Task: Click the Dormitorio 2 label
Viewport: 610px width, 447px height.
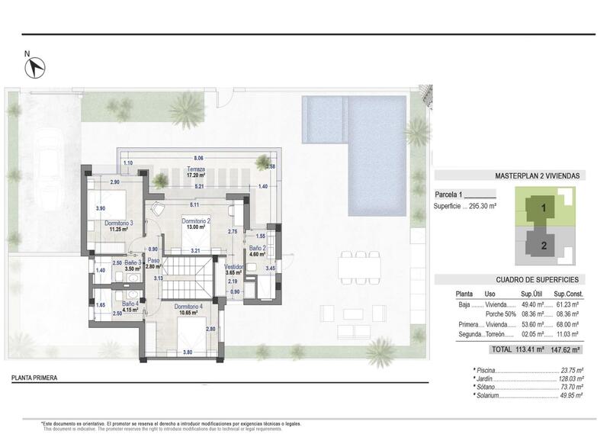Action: [196, 220]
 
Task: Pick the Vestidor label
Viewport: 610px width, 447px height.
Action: [234, 267]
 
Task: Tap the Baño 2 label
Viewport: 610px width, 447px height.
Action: [256, 249]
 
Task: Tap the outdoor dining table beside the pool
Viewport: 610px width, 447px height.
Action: [360, 265]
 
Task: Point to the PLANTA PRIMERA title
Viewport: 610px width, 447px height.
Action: [35, 378]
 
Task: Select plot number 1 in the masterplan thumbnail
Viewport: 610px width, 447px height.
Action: [544, 207]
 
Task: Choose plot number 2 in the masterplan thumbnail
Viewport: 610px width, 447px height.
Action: [544, 245]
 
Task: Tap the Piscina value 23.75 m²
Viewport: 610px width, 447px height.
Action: [570, 370]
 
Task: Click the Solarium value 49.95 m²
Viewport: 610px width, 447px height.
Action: [570, 395]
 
